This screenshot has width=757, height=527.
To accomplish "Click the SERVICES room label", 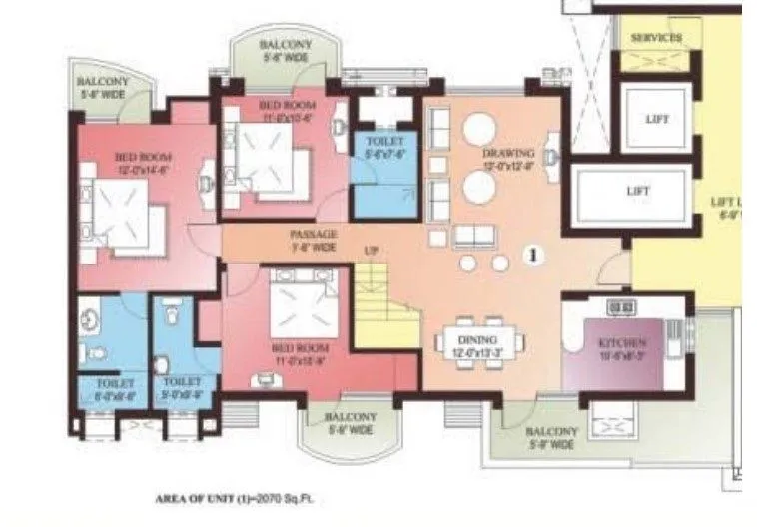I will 656,38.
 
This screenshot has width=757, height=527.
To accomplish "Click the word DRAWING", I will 508,153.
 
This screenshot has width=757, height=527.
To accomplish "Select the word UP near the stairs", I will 371,250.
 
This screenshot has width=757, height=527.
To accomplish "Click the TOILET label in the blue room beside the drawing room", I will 384,142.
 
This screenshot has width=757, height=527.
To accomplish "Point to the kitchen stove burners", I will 622,307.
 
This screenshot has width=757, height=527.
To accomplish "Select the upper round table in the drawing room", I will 478,130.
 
